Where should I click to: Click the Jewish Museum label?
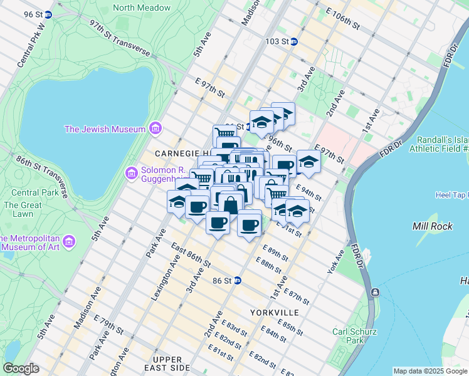tap(105, 130)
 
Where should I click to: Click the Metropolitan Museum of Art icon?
tap(69, 241)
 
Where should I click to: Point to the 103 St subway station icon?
tap(293, 41)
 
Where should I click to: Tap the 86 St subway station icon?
tap(237, 280)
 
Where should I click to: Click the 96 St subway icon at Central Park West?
tap(48, 13)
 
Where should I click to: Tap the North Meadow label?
tap(141, 8)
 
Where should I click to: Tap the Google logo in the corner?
tap(21, 368)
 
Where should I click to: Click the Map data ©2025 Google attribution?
tap(430, 371)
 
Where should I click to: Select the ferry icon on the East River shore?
tap(374, 292)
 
